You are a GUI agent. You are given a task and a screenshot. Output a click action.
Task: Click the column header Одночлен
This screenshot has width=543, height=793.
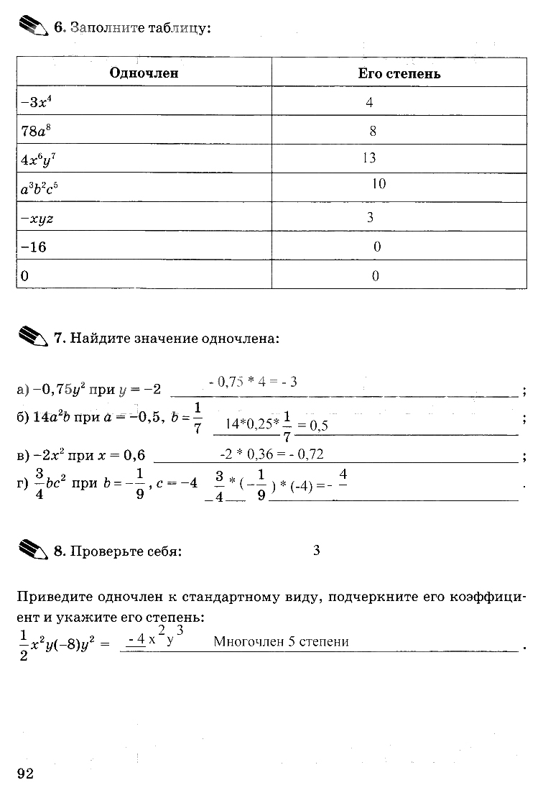pos(144,73)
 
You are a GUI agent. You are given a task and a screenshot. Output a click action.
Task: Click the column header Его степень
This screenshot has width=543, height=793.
pos(399,73)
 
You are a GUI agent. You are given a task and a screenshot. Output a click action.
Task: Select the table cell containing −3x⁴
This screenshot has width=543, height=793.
pos(37,102)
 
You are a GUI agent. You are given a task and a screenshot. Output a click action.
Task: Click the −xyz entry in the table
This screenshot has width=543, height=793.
pos(37,219)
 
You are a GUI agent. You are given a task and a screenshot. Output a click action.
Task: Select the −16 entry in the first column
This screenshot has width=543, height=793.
pos(34,247)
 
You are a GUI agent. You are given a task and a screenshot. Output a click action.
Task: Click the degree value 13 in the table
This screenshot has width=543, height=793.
pos(369,158)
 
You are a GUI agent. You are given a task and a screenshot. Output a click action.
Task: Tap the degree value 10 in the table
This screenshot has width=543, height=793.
pos(379,184)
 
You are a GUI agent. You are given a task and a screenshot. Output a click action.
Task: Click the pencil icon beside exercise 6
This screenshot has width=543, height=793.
pos(32,27)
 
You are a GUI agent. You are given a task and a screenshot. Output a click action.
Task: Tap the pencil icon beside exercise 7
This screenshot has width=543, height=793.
pos(32,336)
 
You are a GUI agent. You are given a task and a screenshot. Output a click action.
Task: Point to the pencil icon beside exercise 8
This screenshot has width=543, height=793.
pos(32,550)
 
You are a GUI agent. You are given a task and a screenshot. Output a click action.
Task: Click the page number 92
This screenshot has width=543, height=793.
pos(25,773)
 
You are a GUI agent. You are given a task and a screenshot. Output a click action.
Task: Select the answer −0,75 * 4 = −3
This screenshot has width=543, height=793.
pos(253,382)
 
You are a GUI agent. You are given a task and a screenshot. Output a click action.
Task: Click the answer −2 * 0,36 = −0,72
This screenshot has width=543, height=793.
pos(271,454)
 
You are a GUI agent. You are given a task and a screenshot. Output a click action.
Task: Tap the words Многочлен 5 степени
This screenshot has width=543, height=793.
pos(281,642)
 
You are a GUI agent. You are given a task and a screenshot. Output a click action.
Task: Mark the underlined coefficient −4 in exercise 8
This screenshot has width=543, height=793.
pos(136,639)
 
